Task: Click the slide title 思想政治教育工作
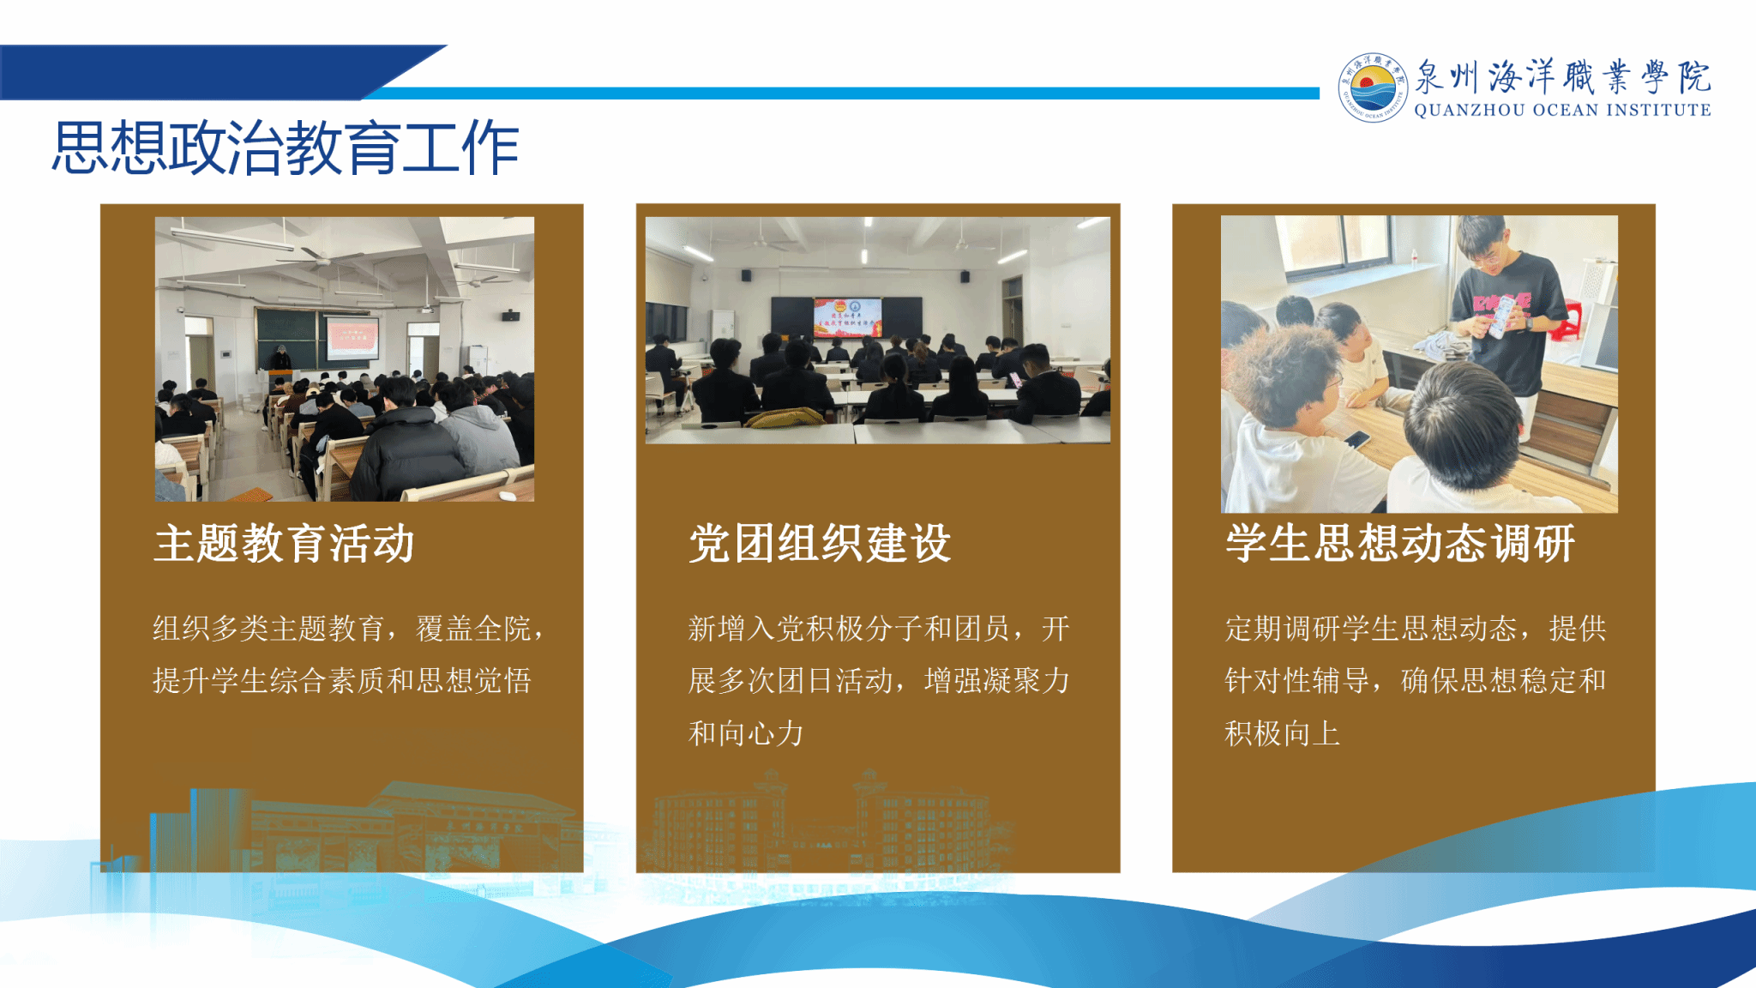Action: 286,148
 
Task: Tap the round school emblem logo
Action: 1372,87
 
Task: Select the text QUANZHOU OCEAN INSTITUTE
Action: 1562,110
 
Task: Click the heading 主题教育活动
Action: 284,544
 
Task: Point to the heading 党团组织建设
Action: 820,544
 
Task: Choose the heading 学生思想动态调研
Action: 1400,544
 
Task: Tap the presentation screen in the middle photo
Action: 847,317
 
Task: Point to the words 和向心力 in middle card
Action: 746,733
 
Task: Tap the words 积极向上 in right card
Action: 1282,733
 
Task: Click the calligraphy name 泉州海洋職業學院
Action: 1562,77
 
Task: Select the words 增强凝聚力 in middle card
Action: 997,681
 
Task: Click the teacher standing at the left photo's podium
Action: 280,360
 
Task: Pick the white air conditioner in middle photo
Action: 723,328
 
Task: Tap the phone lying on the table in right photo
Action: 1356,440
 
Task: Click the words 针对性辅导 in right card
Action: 1296,681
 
